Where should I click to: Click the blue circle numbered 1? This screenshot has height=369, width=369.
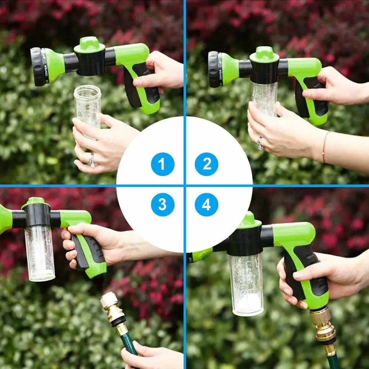163,164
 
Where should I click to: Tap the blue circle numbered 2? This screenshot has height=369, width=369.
206,164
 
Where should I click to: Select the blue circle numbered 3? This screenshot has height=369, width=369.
163,205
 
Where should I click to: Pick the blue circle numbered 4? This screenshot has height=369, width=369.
206,205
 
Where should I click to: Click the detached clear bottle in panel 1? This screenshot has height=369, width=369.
87,107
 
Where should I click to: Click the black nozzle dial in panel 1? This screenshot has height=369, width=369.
37,67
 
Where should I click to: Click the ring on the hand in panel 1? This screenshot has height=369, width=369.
92,160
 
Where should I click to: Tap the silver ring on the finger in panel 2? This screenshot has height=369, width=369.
260,143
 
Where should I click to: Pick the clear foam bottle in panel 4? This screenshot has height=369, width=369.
246,284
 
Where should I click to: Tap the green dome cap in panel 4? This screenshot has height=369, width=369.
250,220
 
